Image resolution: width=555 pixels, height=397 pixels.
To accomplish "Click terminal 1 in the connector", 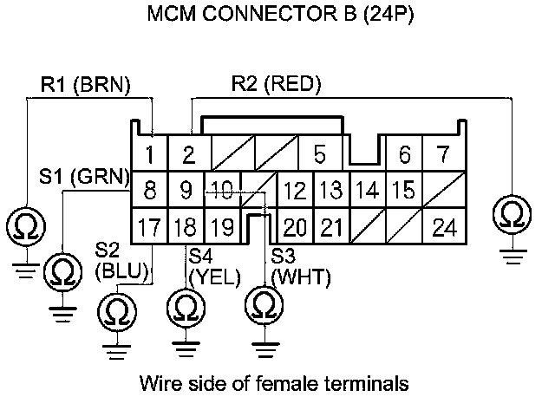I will pos(150,156).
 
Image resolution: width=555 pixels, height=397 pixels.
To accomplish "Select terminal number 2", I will pos(187,156).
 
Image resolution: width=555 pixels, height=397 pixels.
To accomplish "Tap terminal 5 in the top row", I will pos(320,156).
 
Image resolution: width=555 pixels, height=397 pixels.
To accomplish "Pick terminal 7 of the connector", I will pos(443,156).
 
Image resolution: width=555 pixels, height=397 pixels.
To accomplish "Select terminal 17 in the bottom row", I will pos(150,228).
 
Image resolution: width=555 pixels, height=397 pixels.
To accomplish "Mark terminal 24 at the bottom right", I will pos(444,228).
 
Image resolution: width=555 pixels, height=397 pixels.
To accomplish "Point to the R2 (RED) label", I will pos(276,84).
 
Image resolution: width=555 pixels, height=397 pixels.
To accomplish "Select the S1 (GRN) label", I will pos(84,176).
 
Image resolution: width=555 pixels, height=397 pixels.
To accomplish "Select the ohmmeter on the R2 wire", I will pos(513,212).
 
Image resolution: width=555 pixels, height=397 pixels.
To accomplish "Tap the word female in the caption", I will pos(297,381).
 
